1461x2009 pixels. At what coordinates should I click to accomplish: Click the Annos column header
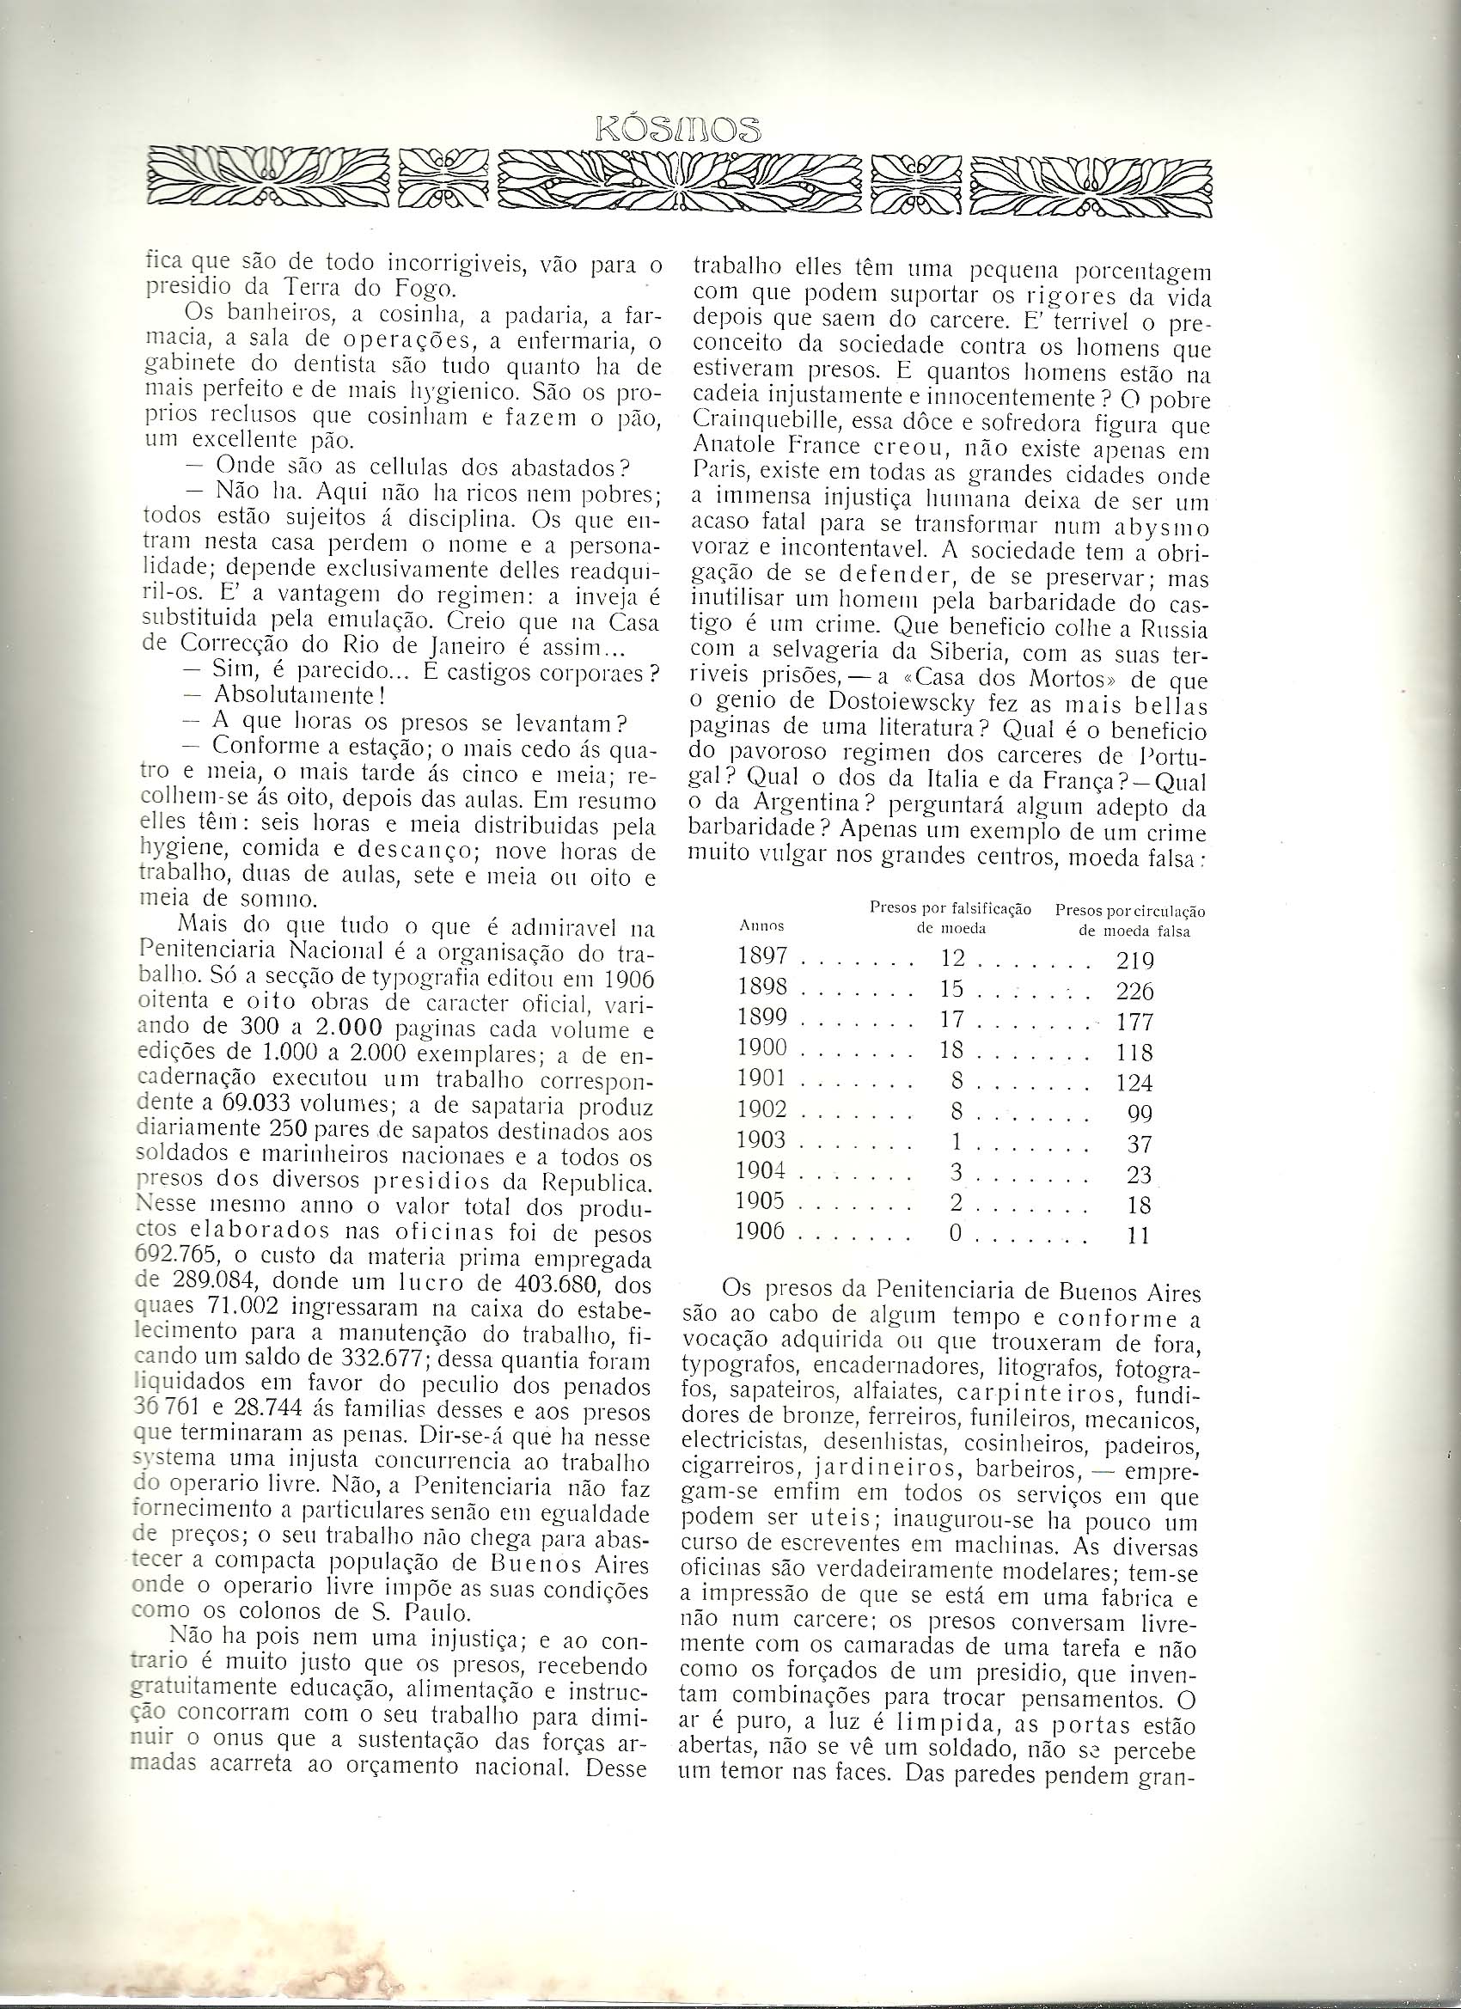click(x=761, y=925)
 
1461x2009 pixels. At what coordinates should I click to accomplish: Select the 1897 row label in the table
click(x=762, y=958)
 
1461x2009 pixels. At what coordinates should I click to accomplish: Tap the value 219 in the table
click(x=1135, y=960)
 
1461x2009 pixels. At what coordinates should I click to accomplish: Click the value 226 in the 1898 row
click(x=1135, y=992)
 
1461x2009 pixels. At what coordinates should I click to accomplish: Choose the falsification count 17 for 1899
click(x=950, y=1021)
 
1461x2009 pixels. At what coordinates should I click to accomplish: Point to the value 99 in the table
click(x=1140, y=1113)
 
